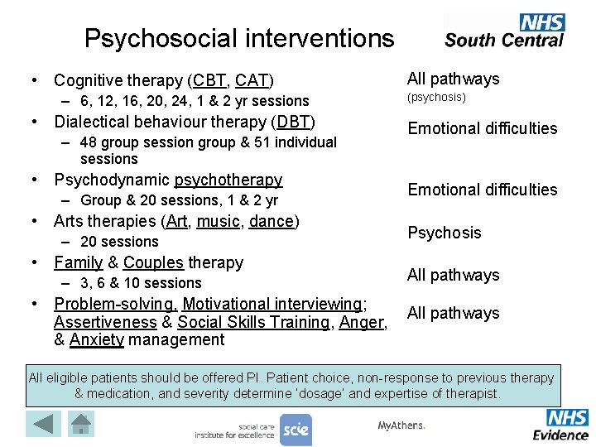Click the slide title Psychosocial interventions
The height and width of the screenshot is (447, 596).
tap(239, 38)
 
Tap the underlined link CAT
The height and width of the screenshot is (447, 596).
tap(251, 80)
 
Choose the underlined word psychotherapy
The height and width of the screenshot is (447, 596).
tap(228, 180)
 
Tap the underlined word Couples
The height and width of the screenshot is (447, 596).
tap(153, 262)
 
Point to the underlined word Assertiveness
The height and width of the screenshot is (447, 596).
tap(105, 322)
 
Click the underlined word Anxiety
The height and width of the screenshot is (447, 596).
tap(98, 339)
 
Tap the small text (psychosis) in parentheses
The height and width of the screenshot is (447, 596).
tap(436, 98)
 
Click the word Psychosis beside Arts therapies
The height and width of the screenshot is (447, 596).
tap(444, 233)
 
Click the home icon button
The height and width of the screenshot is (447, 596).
tap(81, 424)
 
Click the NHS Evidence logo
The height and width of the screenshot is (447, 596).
tap(561, 425)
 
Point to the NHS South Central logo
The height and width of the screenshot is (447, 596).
tap(504, 31)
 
